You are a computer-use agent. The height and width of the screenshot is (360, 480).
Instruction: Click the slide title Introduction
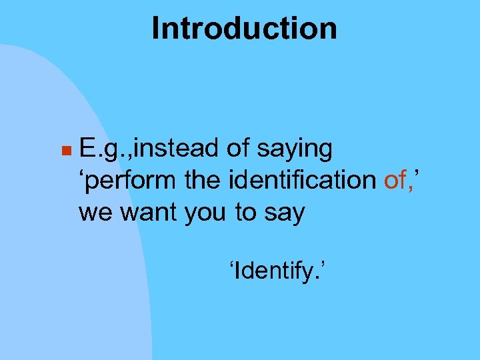coord(244,29)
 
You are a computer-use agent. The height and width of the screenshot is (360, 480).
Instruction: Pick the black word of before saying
coord(238,149)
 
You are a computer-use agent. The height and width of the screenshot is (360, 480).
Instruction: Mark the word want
coord(138,213)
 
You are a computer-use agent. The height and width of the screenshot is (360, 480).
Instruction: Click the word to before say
coord(245,213)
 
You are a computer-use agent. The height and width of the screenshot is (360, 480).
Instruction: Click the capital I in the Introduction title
coord(156,29)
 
